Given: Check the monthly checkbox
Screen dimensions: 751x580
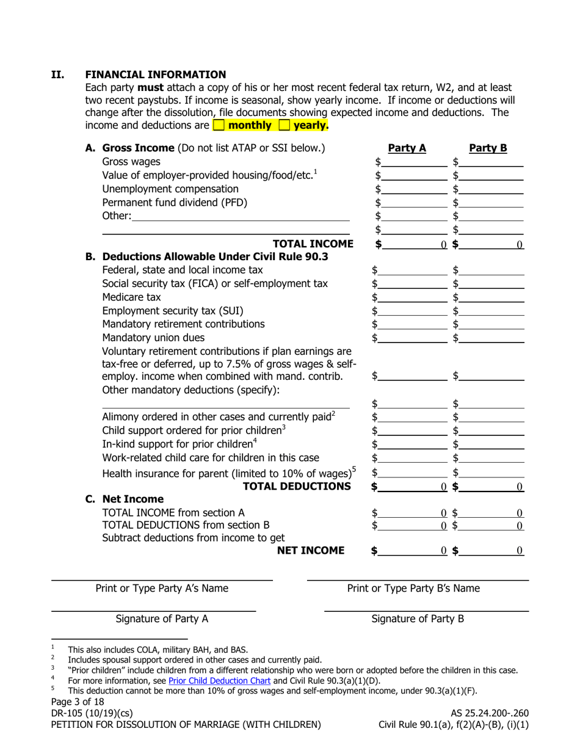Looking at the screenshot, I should click(x=219, y=126).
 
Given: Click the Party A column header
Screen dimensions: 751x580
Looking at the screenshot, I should click(x=407, y=148).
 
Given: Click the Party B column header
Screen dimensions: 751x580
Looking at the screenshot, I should click(x=488, y=148).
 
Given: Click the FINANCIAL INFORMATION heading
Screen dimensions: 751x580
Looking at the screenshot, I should click(x=156, y=74).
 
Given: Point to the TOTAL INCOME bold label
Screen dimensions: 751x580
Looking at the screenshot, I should click(x=313, y=244).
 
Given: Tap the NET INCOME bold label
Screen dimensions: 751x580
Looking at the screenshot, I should click(x=311, y=551).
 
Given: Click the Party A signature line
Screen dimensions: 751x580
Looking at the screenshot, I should click(x=153, y=609).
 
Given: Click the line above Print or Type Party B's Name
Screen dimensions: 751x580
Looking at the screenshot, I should click(x=418, y=579).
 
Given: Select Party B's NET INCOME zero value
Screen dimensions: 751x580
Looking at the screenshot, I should click(x=519, y=551).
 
